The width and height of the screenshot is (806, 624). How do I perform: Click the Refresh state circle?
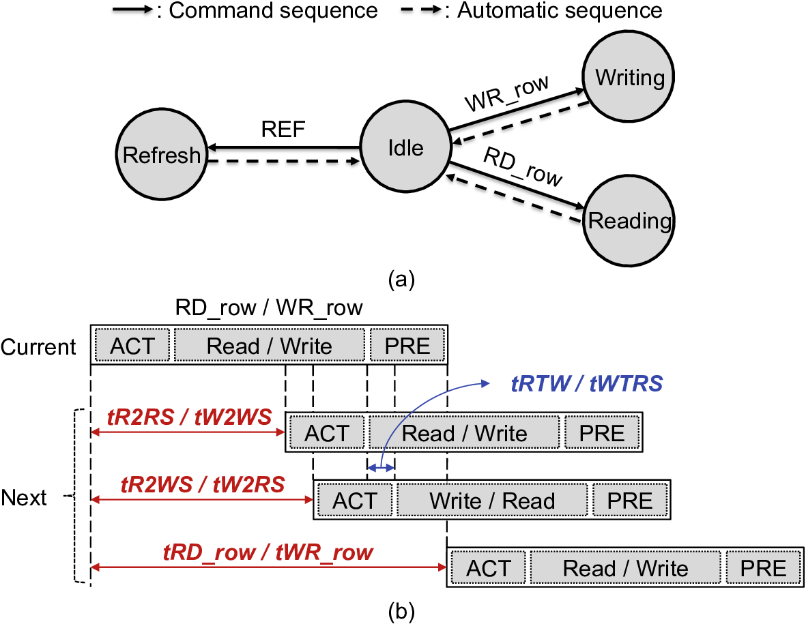click(x=162, y=155)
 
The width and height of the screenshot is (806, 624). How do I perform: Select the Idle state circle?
click(x=405, y=148)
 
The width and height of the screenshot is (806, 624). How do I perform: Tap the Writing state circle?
click(x=629, y=78)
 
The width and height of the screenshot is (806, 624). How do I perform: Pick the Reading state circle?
click(x=629, y=220)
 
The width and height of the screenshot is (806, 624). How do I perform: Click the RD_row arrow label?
click(x=522, y=167)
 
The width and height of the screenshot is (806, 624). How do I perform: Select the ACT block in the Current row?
click(x=132, y=346)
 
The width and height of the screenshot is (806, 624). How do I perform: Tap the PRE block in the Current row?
click(x=408, y=346)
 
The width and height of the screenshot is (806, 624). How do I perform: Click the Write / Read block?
click(x=492, y=501)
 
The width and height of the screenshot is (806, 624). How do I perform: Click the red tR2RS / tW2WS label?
click(x=188, y=417)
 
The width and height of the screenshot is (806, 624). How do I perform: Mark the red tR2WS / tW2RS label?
click(x=202, y=484)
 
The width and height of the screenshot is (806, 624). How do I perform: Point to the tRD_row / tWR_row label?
click(x=268, y=551)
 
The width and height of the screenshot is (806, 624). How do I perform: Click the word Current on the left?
click(x=39, y=346)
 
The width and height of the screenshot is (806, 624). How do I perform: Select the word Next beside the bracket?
click(x=24, y=498)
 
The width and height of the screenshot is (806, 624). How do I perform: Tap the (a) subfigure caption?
click(x=400, y=279)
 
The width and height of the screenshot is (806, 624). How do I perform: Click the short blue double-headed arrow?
click(x=381, y=467)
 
